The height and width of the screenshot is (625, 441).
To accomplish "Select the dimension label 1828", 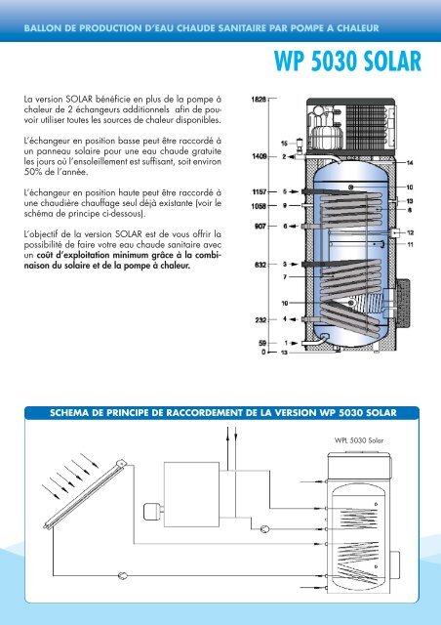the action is click(x=261, y=99).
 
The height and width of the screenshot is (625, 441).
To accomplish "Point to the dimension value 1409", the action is click(x=261, y=156).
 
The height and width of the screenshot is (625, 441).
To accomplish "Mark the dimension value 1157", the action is click(x=261, y=192).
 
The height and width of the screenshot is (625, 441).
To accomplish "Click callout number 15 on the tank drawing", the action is click(x=284, y=145).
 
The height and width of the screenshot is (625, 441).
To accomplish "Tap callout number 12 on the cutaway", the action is click(x=410, y=232).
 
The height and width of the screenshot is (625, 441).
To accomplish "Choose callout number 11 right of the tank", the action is click(x=410, y=243).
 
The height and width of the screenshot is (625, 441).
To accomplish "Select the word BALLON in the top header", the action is click(x=47, y=17).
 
